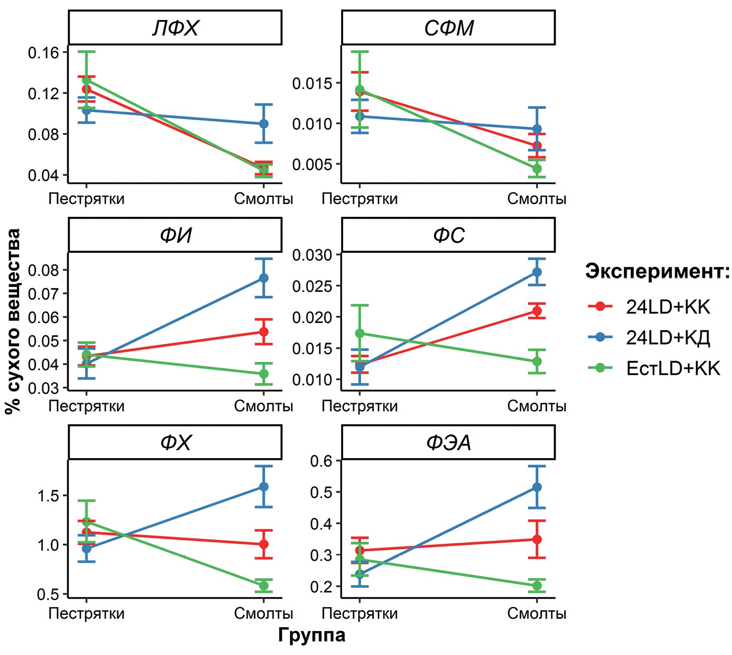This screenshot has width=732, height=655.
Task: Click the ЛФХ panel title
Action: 175,28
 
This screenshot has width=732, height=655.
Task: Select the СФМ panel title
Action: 448,28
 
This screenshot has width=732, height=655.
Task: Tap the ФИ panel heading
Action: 175,235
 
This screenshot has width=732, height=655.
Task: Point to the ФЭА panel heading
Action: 448,442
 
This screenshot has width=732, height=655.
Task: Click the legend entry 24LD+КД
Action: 668,338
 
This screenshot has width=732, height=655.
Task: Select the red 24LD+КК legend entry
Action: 668,307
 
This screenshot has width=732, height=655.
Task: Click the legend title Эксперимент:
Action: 658,271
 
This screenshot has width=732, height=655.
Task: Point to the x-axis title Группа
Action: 312,635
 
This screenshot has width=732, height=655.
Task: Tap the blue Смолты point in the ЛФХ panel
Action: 264,124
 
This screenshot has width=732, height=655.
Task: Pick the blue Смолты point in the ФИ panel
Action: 264,278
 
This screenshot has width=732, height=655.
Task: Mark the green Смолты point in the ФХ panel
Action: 264,586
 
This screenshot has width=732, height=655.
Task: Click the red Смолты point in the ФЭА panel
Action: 537,539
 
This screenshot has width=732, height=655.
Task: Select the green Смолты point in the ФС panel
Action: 537,362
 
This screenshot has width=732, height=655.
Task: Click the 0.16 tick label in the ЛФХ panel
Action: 44,53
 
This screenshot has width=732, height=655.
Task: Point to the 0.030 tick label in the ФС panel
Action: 313,255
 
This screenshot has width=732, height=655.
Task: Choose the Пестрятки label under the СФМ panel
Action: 360,199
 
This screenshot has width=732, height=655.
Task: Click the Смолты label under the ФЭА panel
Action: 537,613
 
